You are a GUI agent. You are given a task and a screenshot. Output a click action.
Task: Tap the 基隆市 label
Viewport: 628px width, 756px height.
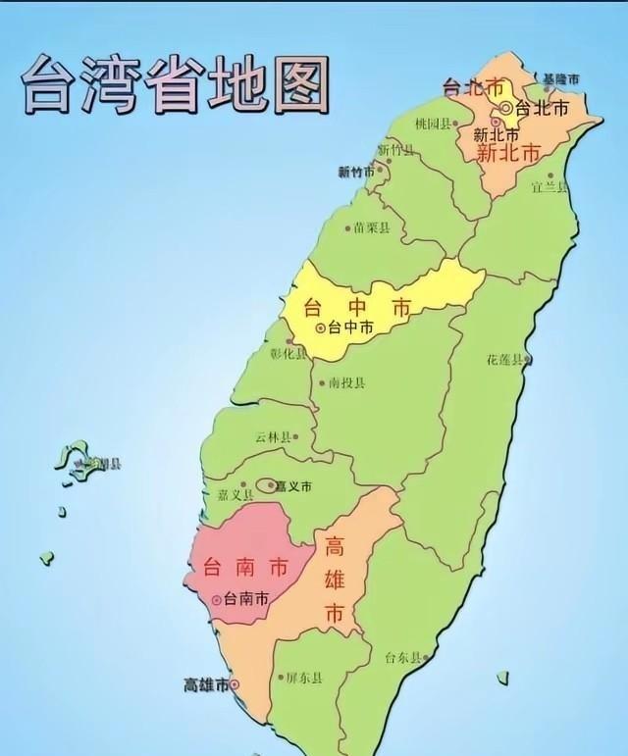[560, 78]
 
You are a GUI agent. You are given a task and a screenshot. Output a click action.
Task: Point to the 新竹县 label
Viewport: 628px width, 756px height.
[396, 150]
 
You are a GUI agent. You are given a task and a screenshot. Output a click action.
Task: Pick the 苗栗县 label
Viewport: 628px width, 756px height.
[372, 227]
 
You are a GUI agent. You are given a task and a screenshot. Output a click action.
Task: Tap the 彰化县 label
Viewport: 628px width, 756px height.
[288, 354]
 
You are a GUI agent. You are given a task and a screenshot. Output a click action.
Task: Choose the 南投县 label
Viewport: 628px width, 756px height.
[346, 383]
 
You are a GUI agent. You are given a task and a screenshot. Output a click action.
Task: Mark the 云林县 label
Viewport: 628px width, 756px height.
[274, 437]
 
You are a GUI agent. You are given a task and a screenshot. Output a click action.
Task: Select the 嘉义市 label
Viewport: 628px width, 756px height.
[292, 485]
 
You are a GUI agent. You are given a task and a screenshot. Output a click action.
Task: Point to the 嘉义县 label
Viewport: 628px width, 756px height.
[222, 496]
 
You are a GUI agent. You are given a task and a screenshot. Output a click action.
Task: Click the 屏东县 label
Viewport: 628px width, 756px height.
[304, 678]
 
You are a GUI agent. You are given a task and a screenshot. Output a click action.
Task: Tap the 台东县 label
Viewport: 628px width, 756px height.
[403, 658]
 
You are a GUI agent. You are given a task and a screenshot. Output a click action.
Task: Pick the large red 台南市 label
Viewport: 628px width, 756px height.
[232, 567]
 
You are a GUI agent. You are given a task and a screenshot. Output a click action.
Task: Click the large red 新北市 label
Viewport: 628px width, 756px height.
[507, 154]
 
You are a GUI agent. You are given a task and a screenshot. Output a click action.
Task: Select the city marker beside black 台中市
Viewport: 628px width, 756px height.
[320, 328]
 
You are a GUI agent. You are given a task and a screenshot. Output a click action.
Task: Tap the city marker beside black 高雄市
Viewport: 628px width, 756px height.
[235, 685]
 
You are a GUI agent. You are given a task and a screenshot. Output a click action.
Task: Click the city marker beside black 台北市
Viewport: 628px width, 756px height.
[506, 108]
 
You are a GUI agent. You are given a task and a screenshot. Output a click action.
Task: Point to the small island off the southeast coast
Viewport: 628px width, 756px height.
[502, 678]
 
